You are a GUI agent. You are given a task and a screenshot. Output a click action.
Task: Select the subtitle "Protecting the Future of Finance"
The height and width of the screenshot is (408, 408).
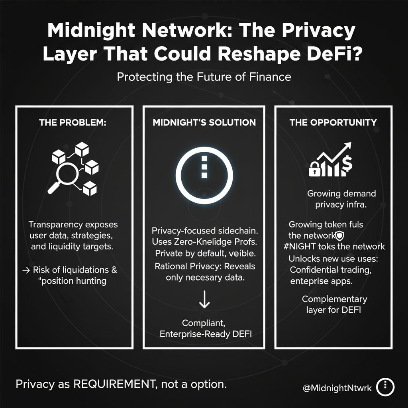204,77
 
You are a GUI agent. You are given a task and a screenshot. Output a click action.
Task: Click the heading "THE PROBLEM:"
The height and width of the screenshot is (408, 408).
73,122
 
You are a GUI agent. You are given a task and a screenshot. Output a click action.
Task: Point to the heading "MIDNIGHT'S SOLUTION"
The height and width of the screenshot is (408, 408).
204,122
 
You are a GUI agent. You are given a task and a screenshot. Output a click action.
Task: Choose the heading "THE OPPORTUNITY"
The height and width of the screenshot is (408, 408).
333,122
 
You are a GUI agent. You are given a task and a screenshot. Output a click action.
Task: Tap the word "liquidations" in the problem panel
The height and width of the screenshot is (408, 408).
82,270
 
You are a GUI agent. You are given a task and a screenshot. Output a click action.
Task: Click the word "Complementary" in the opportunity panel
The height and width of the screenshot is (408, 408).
334,299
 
